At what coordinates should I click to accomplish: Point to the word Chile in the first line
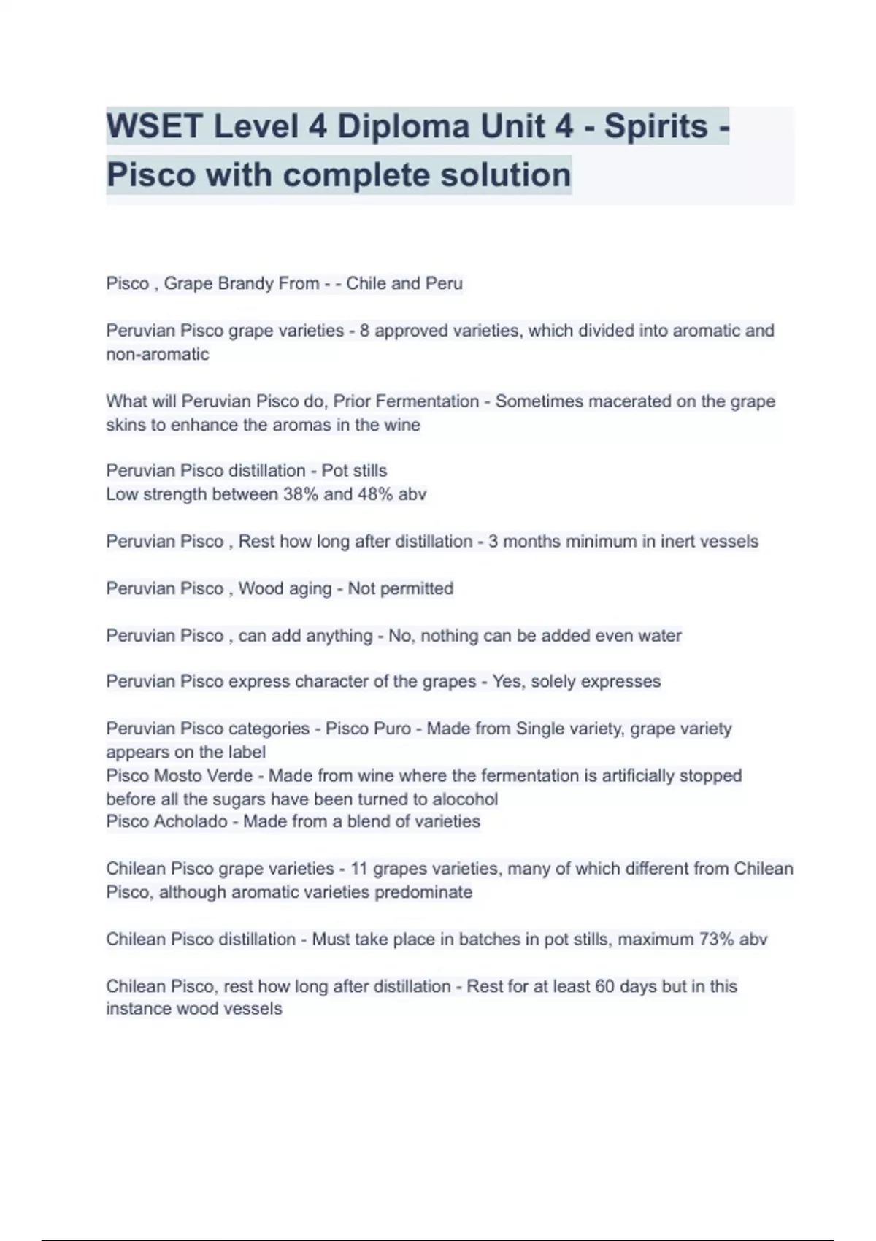coord(366,283)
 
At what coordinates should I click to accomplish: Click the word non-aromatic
coord(158,354)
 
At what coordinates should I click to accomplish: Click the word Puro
coord(393,729)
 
